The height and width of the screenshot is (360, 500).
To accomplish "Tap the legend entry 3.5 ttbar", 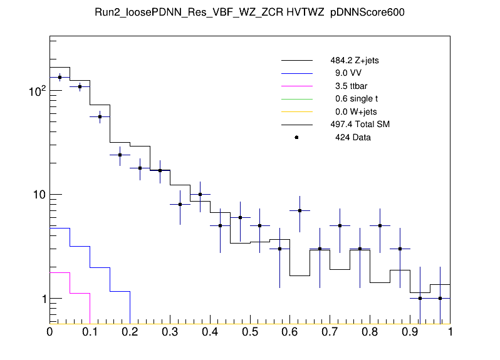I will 351,86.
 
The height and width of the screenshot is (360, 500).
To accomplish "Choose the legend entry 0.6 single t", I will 356,98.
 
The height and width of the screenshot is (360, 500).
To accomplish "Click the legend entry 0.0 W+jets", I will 355,111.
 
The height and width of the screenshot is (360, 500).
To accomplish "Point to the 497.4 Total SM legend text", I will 360,124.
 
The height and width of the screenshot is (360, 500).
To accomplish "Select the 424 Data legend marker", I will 296,137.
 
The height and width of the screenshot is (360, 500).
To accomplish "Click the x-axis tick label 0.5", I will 250,331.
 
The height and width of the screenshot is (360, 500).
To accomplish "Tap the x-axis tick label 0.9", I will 410,331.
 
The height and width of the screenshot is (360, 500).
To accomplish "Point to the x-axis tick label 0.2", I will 130,331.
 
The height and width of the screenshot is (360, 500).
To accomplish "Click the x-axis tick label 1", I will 450,331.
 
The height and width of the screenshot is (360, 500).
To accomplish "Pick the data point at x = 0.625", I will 300,211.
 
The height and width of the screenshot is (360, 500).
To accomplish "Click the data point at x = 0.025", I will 60,78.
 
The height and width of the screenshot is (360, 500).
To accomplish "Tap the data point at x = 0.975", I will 440,299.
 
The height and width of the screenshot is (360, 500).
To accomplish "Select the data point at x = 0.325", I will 180,204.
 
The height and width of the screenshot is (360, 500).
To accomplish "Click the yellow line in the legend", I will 296,111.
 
